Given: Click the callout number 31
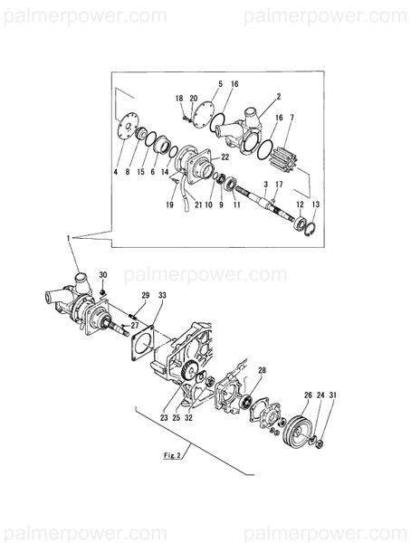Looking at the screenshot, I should pos(332,395).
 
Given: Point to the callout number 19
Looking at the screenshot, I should pos(169,205).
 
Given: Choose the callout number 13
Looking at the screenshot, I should pos(316,205).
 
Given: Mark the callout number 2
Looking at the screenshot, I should pos(279,96).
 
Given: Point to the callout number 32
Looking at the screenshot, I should pos(186,419).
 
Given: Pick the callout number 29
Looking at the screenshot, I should pos(145,296).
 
